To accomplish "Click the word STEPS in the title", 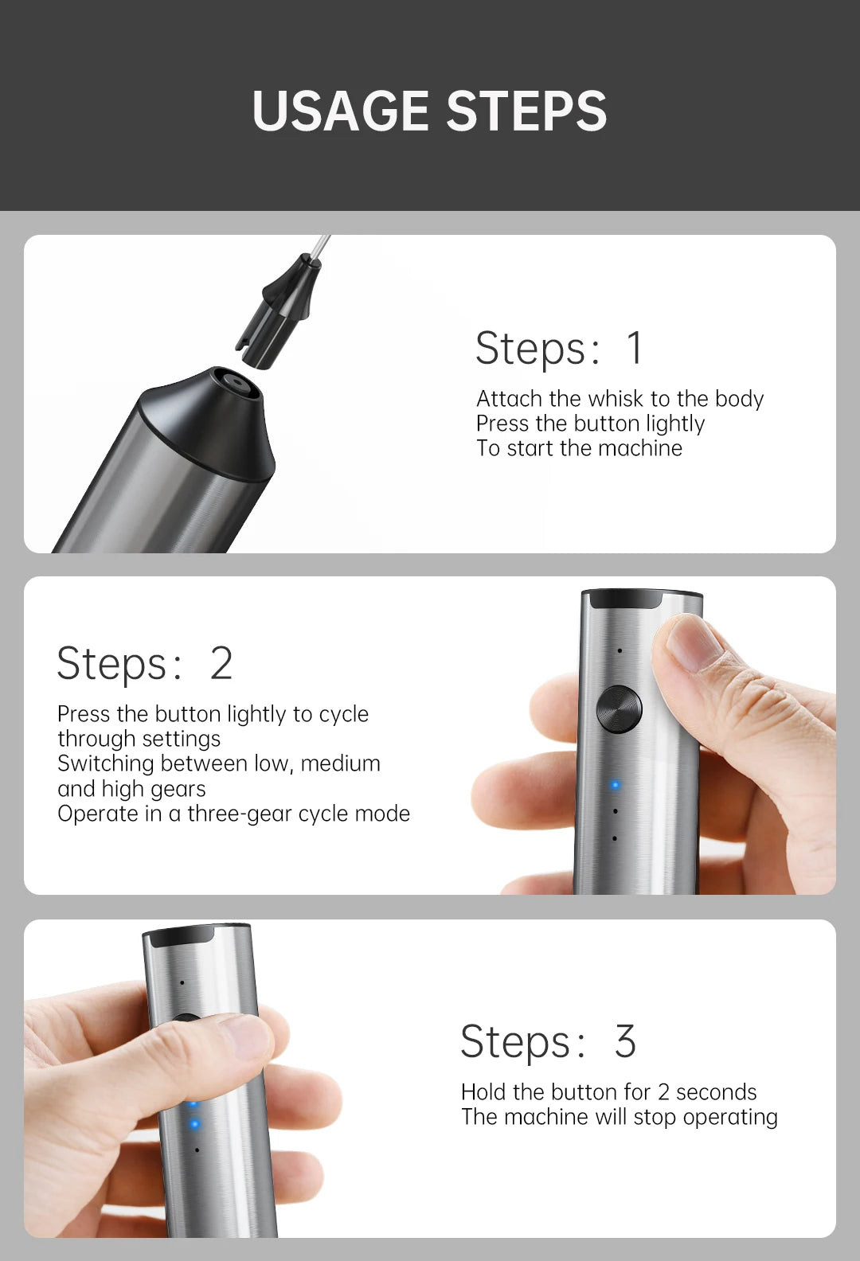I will tap(526, 111).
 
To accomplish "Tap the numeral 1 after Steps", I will tap(634, 348).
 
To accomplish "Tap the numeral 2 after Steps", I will tap(221, 663).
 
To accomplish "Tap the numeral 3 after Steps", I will tap(625, 1041).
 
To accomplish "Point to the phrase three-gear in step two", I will tap(244, 814).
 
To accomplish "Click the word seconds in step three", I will tap(716, 1091).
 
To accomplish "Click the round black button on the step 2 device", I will tap(619, 709).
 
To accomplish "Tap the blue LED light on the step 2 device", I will tap(615, 786).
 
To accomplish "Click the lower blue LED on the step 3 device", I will tap(194, 1124).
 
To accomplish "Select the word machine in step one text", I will tap(639, 448).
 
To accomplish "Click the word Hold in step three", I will tap(483, 1091).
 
